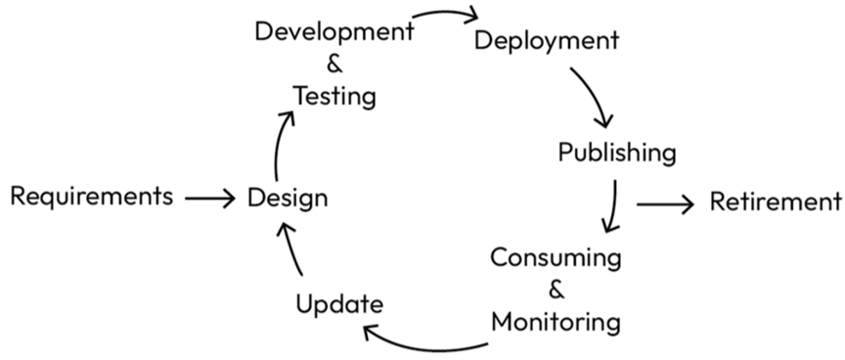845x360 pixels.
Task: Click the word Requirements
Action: point(91,197)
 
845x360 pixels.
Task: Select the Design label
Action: point(288,199)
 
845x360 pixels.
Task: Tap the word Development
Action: point(334,30)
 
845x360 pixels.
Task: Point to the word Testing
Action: point(334,97)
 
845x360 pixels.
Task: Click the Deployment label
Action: point(547,41)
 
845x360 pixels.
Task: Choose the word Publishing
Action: point(616,153)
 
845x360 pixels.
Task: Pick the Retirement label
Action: point(775,202)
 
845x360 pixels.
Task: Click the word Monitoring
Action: point(556,321)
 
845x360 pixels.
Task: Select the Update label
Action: point(338,303)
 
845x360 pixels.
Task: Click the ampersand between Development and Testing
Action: point(334,65)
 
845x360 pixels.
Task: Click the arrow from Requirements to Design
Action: point(209,199)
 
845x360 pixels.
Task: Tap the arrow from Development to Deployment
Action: point(446,15)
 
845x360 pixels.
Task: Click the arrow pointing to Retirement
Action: point(665,203)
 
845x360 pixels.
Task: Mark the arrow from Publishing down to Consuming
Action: point(613,205)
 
